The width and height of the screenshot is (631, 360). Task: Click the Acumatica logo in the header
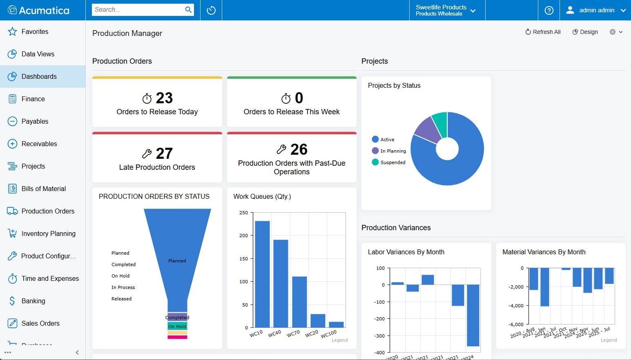click(39, 10)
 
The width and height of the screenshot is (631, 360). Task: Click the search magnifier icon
click(188, 10)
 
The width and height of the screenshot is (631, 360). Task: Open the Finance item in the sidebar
click(33, 99)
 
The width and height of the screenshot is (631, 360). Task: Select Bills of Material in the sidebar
click(43, 189)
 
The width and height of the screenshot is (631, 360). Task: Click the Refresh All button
click(543, 32)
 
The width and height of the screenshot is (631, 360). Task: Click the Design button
click(585, 32)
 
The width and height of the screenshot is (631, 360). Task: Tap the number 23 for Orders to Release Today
click(164, 98)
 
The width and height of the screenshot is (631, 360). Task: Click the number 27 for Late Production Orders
click(164, 153)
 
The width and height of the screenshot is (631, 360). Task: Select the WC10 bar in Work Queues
click(262, 273)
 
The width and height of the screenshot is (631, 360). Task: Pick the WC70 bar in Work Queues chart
click(299, 302)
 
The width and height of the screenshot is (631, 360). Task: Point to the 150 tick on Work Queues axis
click(244, 259)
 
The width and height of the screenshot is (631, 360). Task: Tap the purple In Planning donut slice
click(427, 130)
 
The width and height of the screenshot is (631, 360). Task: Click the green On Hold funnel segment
click(177, 327)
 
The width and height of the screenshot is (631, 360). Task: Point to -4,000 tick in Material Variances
click(516, 306)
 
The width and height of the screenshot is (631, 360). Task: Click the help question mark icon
click(549, 10)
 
